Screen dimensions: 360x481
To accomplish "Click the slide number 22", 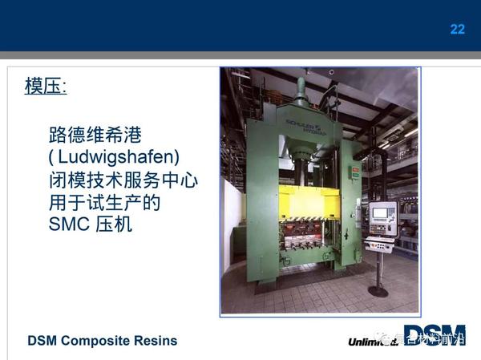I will [x=457, y=29].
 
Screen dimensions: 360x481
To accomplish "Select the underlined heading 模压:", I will [x=45, y=87].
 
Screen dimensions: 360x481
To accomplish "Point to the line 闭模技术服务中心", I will [x=122, y=180].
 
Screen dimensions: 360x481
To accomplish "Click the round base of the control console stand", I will [x=378, y=291].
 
